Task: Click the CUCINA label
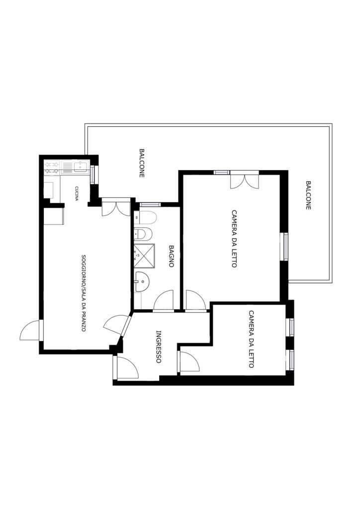coord(77,193)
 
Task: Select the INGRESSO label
coord(159,346)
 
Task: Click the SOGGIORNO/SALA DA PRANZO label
coord(84,293)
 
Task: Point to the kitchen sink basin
coord(80,167)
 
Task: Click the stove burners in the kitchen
coord(52,168)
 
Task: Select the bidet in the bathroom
coord(143,234)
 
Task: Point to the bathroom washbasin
coord(142,281)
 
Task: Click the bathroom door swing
coord(163,301)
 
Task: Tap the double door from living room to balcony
coord(116,207)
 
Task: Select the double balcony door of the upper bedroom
coord(245,180)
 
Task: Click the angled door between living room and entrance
coord(117,324)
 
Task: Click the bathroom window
coord(150,204)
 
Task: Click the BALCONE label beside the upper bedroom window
coord(308,195)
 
